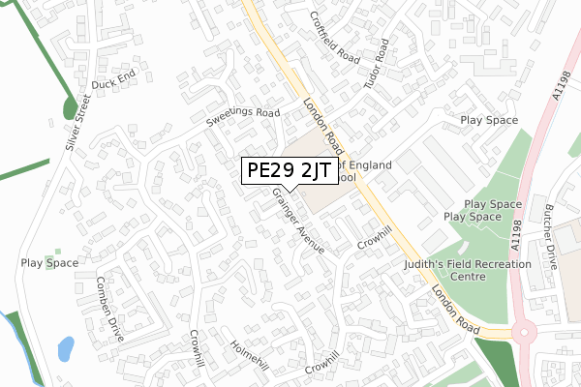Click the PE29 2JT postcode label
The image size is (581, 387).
289,171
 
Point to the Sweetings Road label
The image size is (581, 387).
241,119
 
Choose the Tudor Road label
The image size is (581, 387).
375,65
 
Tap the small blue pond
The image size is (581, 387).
65,347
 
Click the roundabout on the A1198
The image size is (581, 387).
524,334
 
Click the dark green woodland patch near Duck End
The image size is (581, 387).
70,107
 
